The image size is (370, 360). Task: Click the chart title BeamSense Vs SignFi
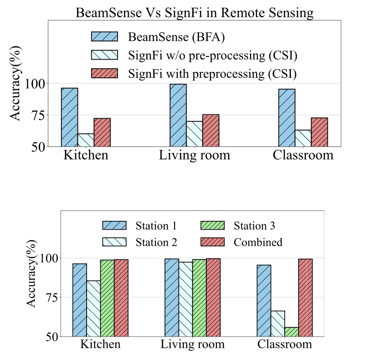(x=194, y=13)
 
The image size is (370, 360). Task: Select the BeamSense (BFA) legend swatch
(x=104, y=37)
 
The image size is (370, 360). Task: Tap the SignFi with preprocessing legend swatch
(x=104, y=73)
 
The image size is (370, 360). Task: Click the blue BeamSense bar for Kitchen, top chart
(x=70, y=117)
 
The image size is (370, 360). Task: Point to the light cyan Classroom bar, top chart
(x=303, y=138)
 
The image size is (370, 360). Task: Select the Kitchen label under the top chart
(x=86, y=155)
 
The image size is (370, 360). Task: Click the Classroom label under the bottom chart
(x=285, y=344)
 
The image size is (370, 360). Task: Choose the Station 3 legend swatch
(x=212, y=226)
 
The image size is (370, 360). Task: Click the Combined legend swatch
(x=212, y=242)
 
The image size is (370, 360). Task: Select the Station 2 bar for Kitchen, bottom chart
(x=94, y=309)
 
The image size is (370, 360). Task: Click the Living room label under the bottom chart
(x=192, y=344)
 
